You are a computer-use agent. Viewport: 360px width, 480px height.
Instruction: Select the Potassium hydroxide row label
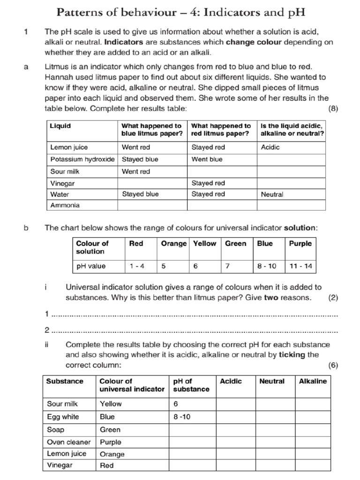[82, 159]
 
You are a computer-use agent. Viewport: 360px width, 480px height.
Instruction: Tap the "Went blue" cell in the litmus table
[207, 159]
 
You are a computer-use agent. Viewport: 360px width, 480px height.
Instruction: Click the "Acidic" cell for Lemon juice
[270, 147]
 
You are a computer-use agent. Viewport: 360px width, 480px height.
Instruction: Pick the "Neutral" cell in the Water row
[272, 194]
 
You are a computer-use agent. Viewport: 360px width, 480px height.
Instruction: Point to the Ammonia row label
[65, 205]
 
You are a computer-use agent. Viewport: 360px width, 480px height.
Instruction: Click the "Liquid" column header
[60, 126]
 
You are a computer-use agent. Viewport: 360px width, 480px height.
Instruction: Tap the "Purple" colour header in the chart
[300, 244]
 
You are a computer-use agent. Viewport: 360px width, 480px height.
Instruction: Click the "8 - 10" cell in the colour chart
[267, 266]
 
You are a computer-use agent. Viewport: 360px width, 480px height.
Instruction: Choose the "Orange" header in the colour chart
[173, 244]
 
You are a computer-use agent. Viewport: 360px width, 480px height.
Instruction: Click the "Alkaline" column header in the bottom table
[313, 382]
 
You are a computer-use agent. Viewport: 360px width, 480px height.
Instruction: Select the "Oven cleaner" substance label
[68, 442]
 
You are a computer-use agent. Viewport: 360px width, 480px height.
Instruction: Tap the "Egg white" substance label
[63, 417]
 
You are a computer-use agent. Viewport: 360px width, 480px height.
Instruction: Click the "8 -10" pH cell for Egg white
[182, 417]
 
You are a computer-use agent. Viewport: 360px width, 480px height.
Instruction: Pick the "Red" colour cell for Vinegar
[107, 466]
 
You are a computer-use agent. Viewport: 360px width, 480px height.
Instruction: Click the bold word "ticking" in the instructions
[293, 355]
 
